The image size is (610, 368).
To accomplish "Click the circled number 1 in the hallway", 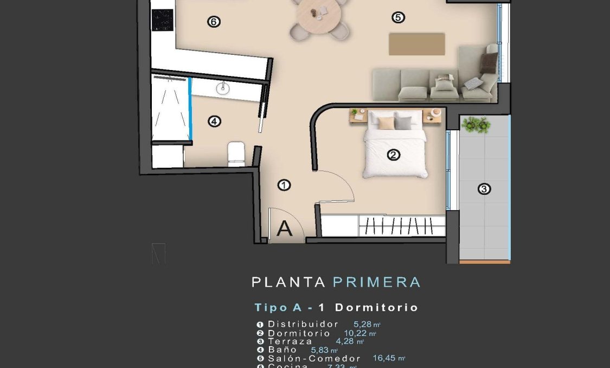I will (x=284, y=186).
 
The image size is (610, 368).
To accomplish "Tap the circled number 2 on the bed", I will (x=394, y=155).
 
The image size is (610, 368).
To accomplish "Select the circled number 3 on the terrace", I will (x=484, y=189).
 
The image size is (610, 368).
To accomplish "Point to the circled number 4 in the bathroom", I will (x=215, y=122).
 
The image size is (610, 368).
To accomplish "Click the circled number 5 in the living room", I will (x=398, y=18).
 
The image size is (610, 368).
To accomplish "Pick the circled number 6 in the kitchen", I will (x=214, y=22).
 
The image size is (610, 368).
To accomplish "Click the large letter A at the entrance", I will (x=284, y=229).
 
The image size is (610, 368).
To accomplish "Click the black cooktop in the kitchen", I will (x=162, y=21).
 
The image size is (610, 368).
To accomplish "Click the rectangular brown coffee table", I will (x=416, y=44).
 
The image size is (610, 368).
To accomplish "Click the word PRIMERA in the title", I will (x=376, y=282).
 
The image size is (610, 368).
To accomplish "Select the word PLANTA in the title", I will (x=288, y=282).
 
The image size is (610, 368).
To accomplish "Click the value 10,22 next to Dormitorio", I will (x=357, y=333).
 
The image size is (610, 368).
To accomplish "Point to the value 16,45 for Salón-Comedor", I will (x=386, y=358).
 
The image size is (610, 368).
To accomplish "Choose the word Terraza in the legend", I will (x=290, y=341).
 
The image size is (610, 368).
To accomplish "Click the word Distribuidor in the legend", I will (x=303, y=324).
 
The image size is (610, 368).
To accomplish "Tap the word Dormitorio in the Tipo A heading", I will (x=376, y=308).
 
